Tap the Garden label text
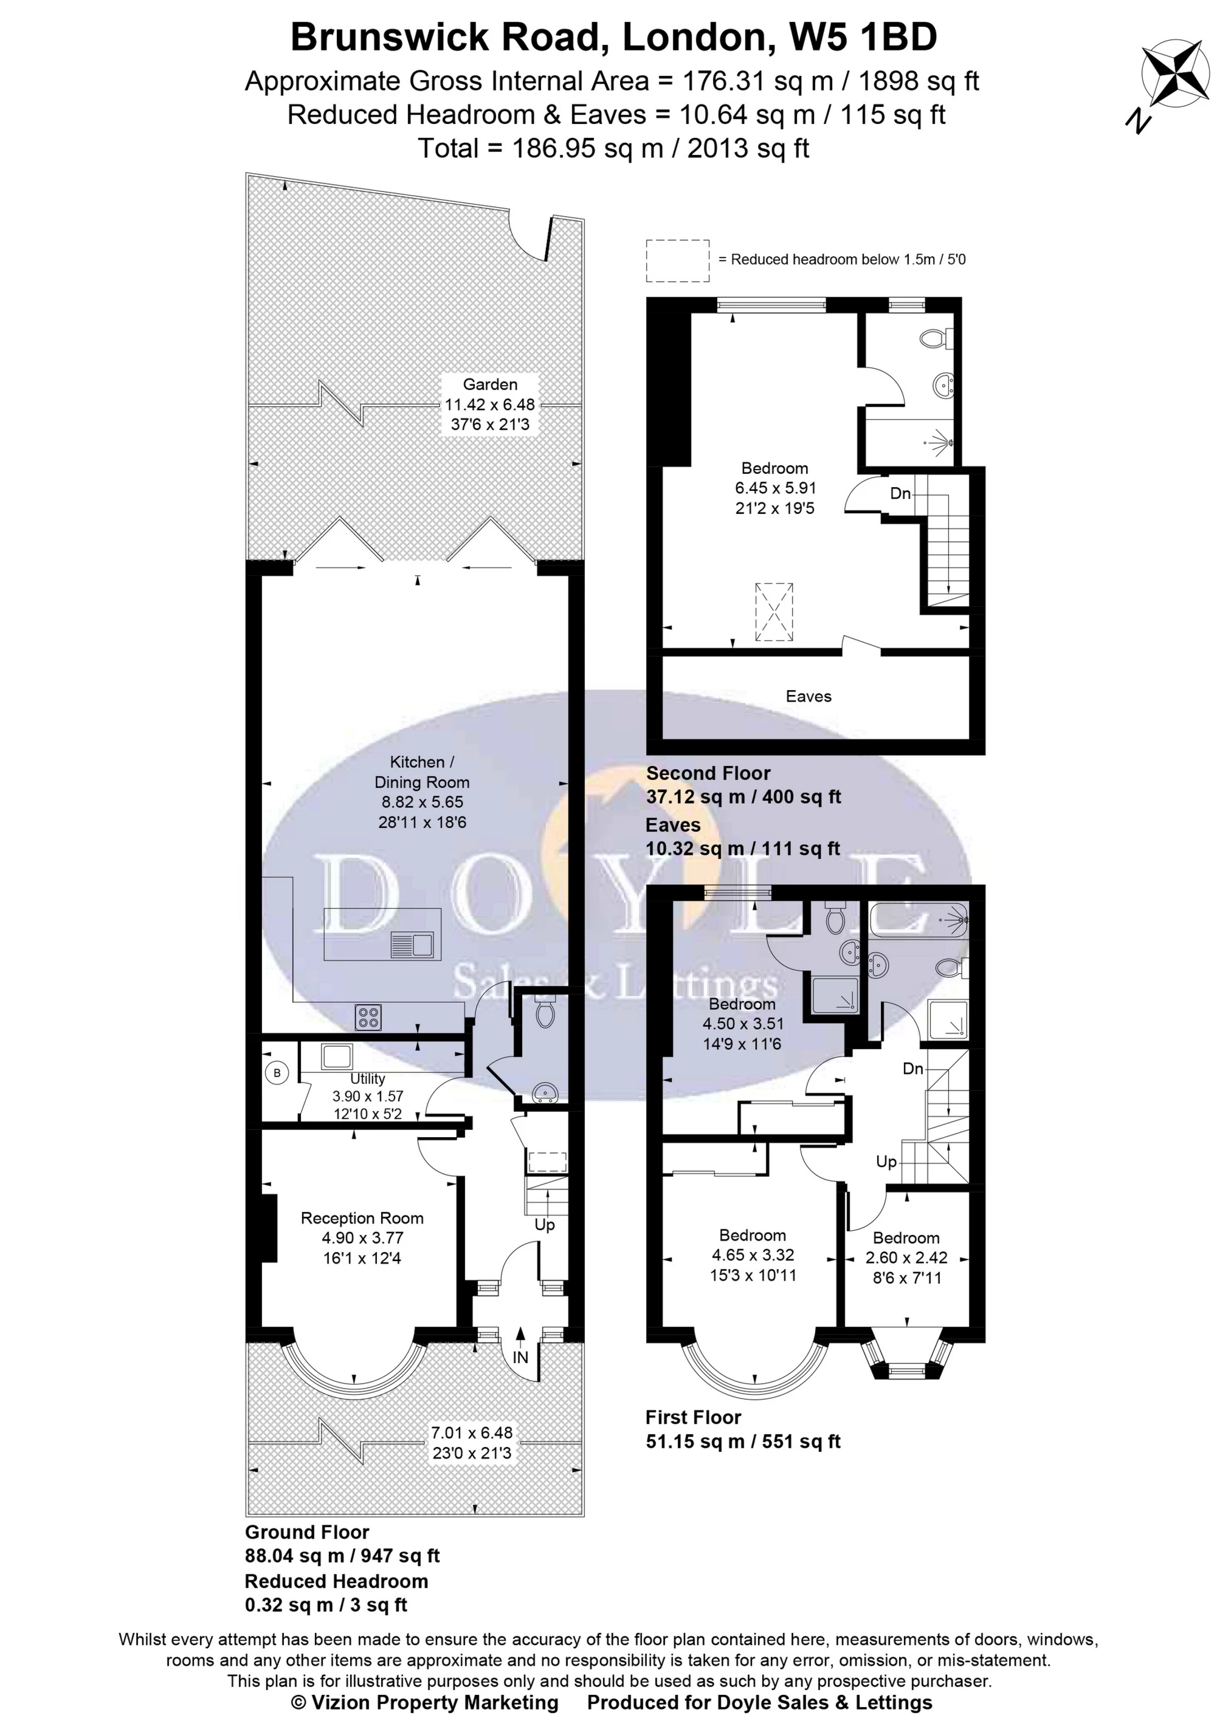click(491, 384)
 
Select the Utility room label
click(368, 1079)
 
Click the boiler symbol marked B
click(277, 1073)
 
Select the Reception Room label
click(362, 1218)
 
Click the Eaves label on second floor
click(808, 696)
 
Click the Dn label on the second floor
click(900, 494)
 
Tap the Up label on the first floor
click(886, 1162)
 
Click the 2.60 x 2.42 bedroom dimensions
click(906, 1257)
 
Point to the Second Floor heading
click(708, 773)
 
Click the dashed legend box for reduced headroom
click(678, 261)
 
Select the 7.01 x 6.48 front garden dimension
click(472, 1433)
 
